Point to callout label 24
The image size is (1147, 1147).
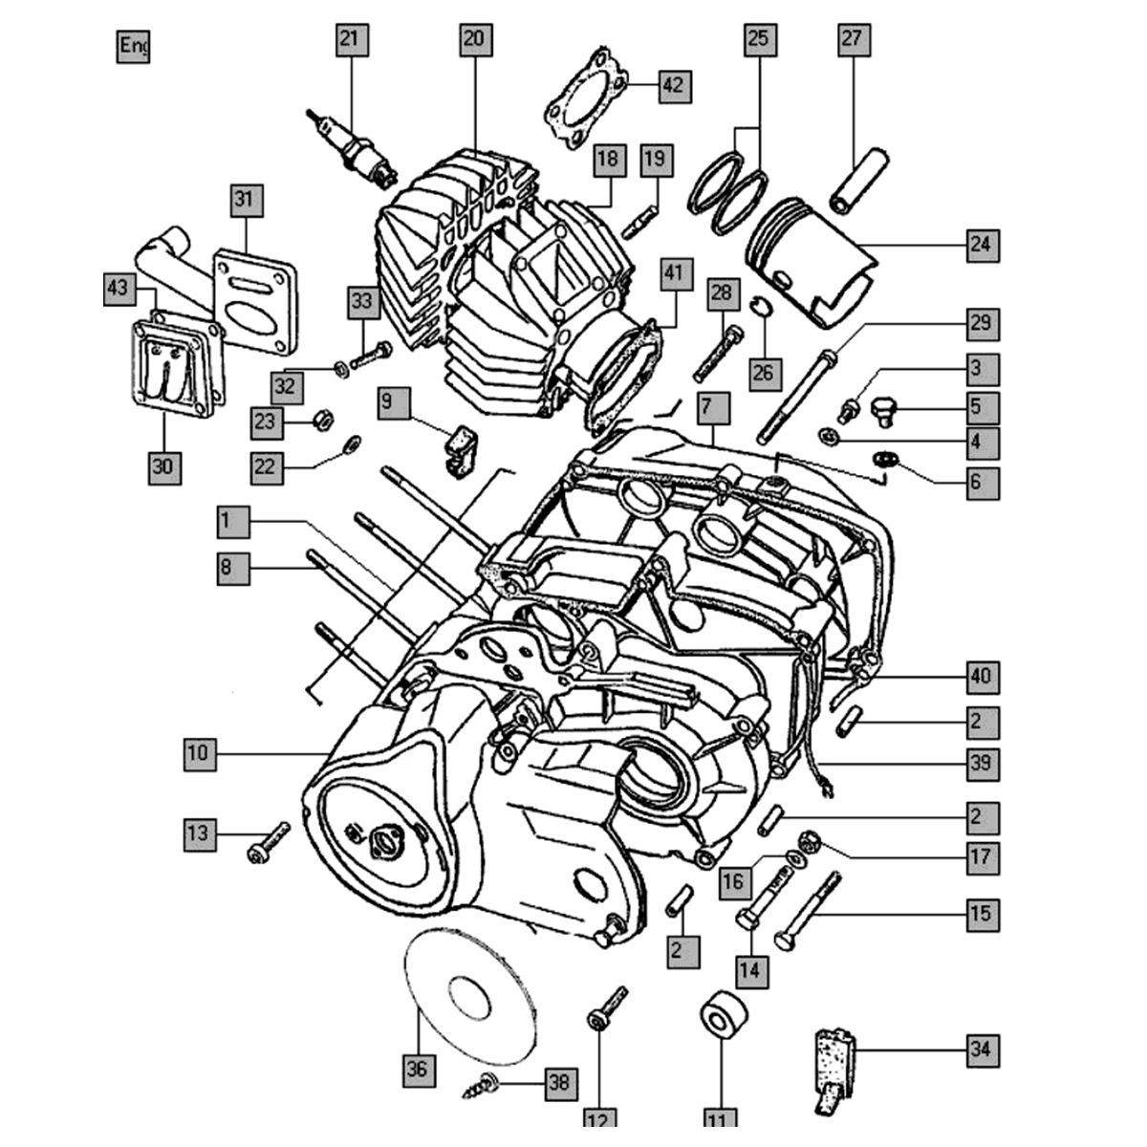tap(980, 246)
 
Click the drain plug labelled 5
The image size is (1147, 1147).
tap(884, 411)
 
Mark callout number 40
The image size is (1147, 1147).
tap(980, 677)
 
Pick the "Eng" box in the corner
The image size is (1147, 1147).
tap(134, 46)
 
